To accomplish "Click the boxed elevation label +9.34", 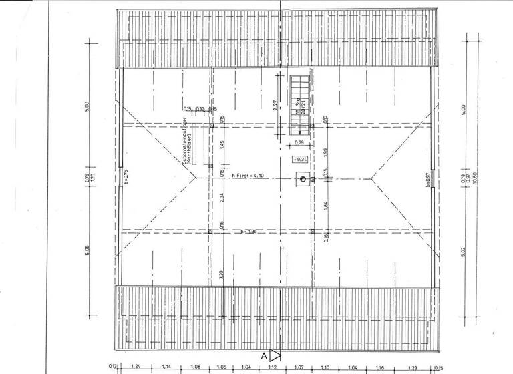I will [298, 159].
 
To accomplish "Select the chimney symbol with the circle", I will [303, 179].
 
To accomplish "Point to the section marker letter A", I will [265, 356].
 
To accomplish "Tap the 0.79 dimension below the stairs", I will [299, 142].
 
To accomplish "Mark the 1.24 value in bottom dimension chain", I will [136, 367].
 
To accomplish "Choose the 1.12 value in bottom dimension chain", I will [272, 367].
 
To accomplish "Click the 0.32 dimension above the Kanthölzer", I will [200, 109].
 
